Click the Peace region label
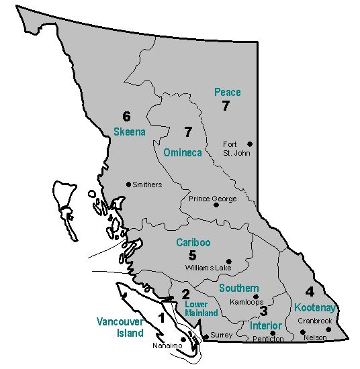227,92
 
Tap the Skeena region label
129,131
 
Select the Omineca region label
183,152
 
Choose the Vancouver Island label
120,326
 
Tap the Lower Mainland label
201,309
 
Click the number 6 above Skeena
126,116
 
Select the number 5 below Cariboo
192,255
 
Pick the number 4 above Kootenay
310,292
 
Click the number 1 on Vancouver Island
161,317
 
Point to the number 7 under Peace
226,106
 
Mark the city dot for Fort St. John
249,144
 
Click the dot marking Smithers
128,184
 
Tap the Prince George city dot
216,205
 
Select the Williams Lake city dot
229,261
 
